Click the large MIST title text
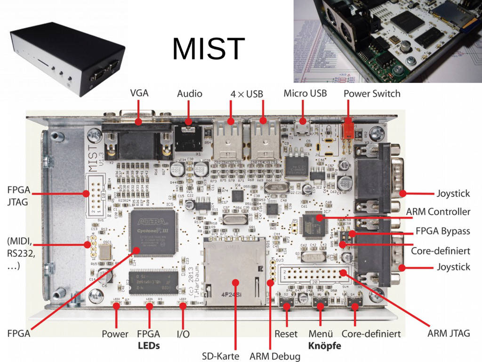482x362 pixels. point(209,48)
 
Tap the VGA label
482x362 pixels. point(139,93)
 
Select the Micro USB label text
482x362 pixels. point(305,93)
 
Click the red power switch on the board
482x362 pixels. point(348,131)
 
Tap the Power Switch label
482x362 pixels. point(372,93)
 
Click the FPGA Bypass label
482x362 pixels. point(442,231)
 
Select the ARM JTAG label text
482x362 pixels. point(449,333)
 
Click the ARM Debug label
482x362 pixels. point(275,356)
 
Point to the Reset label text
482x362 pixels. point(286,334)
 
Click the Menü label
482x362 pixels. point(321,334)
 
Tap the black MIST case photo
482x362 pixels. point(68,59)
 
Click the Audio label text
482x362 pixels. point(189,93)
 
